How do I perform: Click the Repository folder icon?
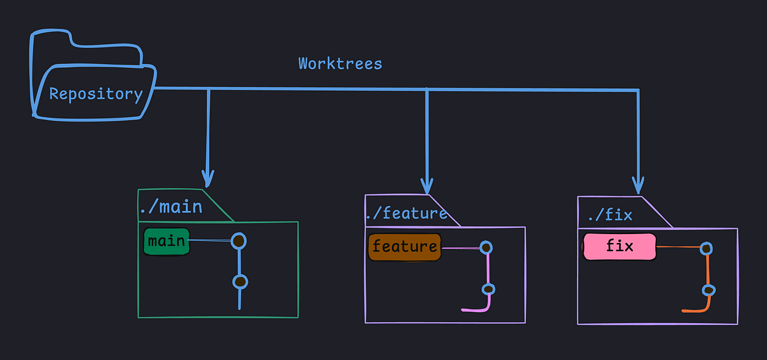click(93, 80)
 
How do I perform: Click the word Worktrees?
click(340, 64)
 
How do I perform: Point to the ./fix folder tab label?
click(609, 214)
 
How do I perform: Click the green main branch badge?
click(166, 242)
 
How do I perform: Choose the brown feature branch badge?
click(405, 247)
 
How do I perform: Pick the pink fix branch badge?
click(619, 247)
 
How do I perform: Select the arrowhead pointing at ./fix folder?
click(637, 184)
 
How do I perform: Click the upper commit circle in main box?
click(238, 240)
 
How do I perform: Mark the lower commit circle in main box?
click(240, 281)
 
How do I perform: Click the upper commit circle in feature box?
click(486, 247)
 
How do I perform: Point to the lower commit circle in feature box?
click(488, 290)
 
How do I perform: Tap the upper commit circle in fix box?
click(706, 248)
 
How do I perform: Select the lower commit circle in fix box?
click(708, 290)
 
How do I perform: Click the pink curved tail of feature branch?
click(476, 310)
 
